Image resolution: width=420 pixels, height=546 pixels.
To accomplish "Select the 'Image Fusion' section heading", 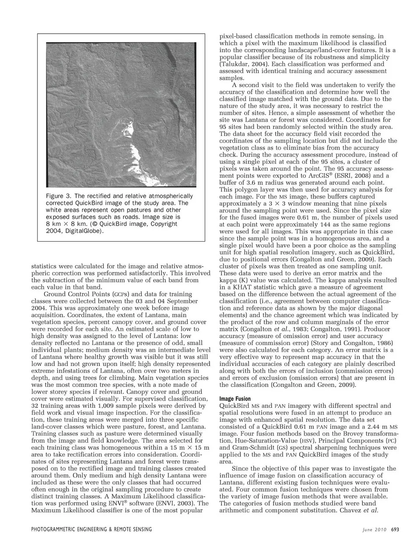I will click(x=235, y=398).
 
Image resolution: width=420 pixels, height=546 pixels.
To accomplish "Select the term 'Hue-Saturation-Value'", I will click(x=250, y=440).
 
